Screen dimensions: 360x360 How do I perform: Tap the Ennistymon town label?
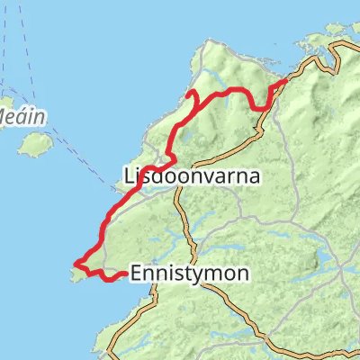click(x=189, y=272)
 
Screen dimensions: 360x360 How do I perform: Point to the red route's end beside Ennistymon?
click(x=123, y=274)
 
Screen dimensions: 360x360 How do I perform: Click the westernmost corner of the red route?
click(x=76, y=265)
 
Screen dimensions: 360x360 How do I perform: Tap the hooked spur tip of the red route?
click(x=186, y=94)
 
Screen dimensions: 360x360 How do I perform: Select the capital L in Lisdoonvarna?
click(x=125, y=177)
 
